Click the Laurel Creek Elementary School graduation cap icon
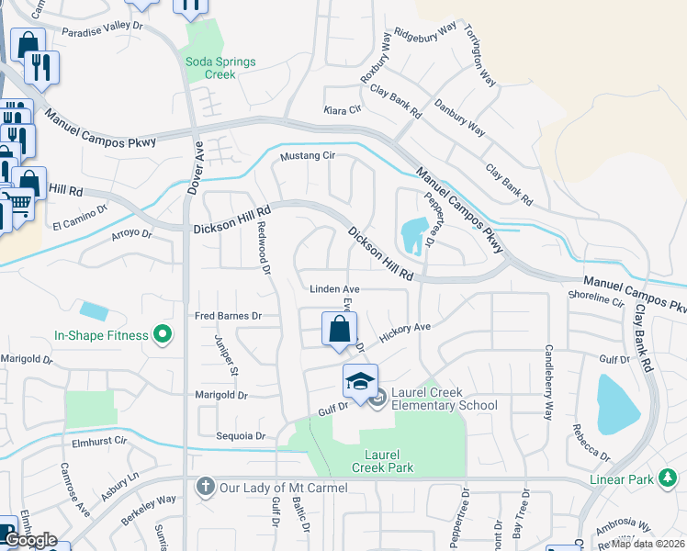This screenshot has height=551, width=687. [x=361, y=379]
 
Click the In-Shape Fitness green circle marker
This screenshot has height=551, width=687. [x=163, y=335]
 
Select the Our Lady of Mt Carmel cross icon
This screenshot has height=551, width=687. [x=204, y=485]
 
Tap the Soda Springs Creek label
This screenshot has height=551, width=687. [x=220, y=68]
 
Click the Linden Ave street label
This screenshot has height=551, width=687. [x=332, y=289]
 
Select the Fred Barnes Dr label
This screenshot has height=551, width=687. [x=228, y=316]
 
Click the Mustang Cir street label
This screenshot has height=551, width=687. [x=308, y=156]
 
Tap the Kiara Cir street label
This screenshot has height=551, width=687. [x=343, y=110]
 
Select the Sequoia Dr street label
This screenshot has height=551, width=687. [x=241, y=436]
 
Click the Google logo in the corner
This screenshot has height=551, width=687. [x=30, y=540]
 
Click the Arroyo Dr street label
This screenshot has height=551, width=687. [x=129, y=234]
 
